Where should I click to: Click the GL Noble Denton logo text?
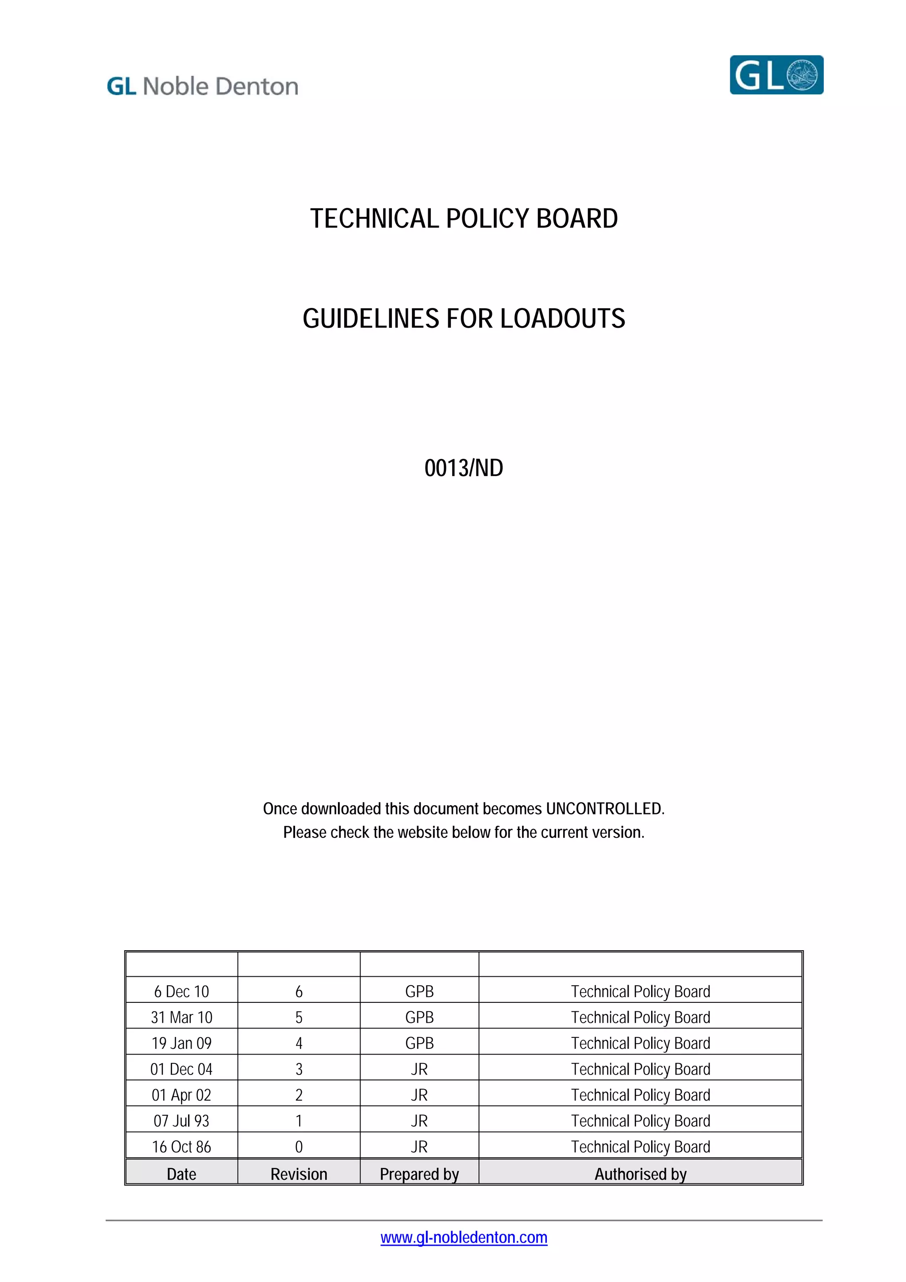pos(202,87)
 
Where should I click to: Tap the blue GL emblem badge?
pos(776,75)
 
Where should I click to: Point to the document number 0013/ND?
pos(463,468)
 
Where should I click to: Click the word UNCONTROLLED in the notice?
pos(605,809)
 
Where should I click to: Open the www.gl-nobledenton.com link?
pos(463,1237)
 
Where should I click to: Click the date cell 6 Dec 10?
pos(181,992)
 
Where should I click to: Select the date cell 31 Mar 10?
pos(181,1017)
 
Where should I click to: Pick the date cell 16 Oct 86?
pos(181,1147)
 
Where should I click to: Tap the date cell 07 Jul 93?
pos(181,1121)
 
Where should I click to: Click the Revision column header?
pos(299,1174)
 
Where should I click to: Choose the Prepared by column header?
pos(419,1174)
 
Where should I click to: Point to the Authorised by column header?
pos(640,1174)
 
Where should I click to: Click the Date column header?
pos(181,1174)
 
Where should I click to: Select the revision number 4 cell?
pos(299,1043)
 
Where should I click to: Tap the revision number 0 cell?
pos(299,1147)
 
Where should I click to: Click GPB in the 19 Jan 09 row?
pos(419,1043)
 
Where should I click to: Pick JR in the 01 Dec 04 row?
pos(419,1069)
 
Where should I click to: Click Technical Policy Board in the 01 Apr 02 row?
pos(640,1095)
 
